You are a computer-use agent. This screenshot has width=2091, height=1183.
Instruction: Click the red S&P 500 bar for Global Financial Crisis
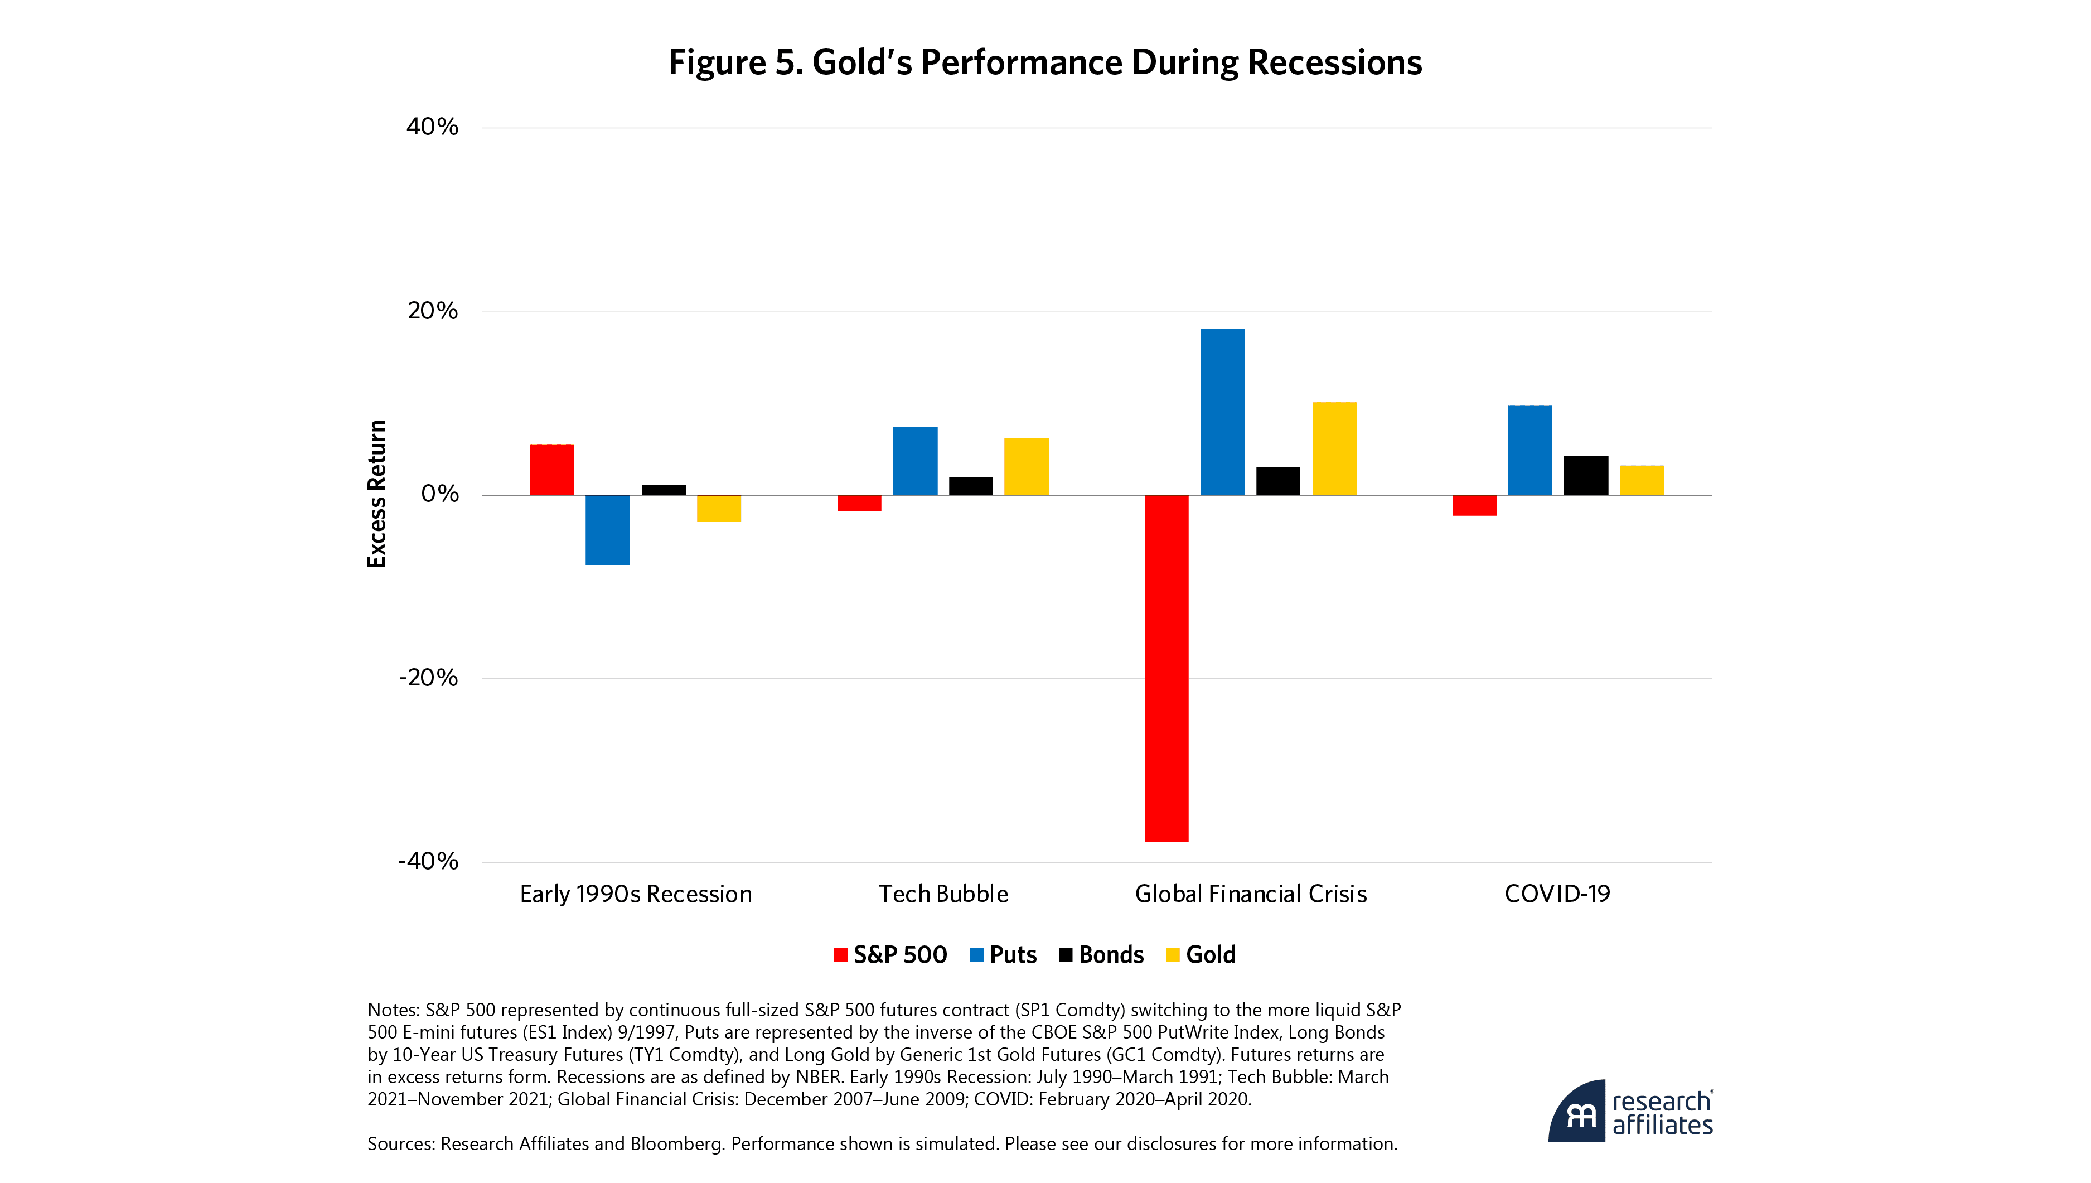point(1166,667)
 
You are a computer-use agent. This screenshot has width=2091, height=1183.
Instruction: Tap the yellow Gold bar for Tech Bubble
point(1027,466)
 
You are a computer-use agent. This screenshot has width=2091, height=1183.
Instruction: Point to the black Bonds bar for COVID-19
point(1585,475)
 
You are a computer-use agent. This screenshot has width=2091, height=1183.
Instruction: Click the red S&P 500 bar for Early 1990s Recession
point(552,469)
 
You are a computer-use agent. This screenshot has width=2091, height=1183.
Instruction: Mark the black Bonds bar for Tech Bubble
point(970,485)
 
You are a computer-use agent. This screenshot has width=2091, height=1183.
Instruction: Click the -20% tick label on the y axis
point(428,678)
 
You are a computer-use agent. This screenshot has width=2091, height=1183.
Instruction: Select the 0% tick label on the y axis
point(439,494)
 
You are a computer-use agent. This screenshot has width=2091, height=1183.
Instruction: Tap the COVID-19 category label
point(1557,894)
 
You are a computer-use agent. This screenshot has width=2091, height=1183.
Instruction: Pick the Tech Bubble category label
point(943,894)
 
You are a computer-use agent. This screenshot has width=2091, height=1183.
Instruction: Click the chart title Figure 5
point(1044,62)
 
